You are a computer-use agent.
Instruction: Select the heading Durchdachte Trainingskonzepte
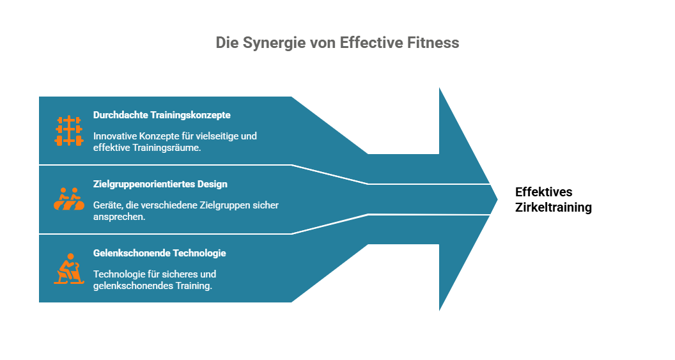162,115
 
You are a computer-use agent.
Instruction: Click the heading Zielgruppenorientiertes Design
160,184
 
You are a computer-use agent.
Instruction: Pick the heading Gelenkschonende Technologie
160,253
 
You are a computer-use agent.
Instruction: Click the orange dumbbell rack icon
69,130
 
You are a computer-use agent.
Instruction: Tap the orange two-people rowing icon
69,198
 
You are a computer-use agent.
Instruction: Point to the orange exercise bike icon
69,269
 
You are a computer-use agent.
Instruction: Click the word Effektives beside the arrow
544,192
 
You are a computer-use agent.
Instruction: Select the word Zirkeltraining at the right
554,207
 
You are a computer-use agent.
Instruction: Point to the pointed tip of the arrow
497,199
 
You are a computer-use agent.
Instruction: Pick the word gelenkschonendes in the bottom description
133,286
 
